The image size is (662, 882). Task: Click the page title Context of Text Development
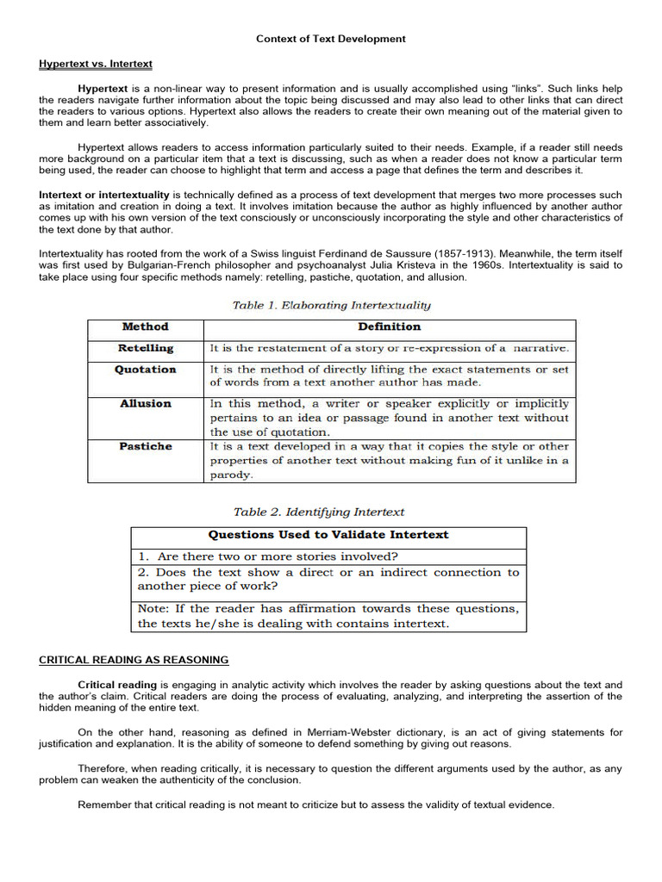[331, 39]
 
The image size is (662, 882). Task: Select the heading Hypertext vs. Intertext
[96, 65]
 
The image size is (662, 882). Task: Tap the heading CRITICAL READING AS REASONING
[134, 660]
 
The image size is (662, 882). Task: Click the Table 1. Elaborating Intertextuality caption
[332, 305]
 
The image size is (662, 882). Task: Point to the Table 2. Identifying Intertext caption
[319, 512]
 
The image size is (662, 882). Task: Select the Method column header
[146, 327]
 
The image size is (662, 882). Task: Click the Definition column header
[390, 327]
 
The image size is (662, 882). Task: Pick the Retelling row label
[146, 349]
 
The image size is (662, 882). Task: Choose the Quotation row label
[146, 370]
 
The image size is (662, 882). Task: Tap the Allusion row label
[146, 404]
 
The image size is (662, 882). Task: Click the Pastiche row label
[146, 447]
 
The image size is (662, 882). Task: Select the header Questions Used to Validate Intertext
[328, 535]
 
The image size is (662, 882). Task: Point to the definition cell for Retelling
[390, 349]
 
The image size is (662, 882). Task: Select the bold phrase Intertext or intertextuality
[104, 196]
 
